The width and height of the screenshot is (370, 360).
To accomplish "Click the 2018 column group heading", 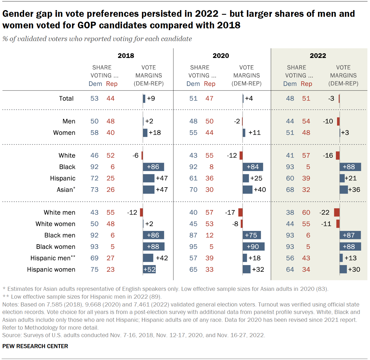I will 126,56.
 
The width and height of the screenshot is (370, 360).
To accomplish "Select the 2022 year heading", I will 318,56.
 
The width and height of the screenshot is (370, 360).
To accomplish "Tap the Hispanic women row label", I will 51,269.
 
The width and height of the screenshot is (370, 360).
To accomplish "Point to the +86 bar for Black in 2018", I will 153,167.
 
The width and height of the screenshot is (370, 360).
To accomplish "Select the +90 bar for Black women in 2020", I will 253,247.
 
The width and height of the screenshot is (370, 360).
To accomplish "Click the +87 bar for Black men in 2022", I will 350,235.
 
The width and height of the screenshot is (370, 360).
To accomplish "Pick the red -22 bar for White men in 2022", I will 336,212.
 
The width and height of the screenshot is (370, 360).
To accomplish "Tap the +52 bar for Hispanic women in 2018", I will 149,269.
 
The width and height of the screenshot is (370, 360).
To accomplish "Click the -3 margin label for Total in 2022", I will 331,98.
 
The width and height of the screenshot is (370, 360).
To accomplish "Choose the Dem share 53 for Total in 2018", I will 94,98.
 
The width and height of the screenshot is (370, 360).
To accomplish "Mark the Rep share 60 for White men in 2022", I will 306,212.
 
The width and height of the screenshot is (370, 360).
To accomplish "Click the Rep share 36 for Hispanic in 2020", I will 209,178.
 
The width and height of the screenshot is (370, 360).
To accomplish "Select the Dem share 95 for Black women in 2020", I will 193,247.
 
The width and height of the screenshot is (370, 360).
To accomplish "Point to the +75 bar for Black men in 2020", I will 251,235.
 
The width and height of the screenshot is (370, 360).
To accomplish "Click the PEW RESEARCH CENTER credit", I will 35,346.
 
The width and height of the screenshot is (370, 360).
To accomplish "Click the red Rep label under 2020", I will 209,84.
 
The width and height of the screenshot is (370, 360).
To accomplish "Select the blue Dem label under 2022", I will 290,84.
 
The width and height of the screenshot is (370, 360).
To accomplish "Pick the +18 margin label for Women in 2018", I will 155,133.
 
